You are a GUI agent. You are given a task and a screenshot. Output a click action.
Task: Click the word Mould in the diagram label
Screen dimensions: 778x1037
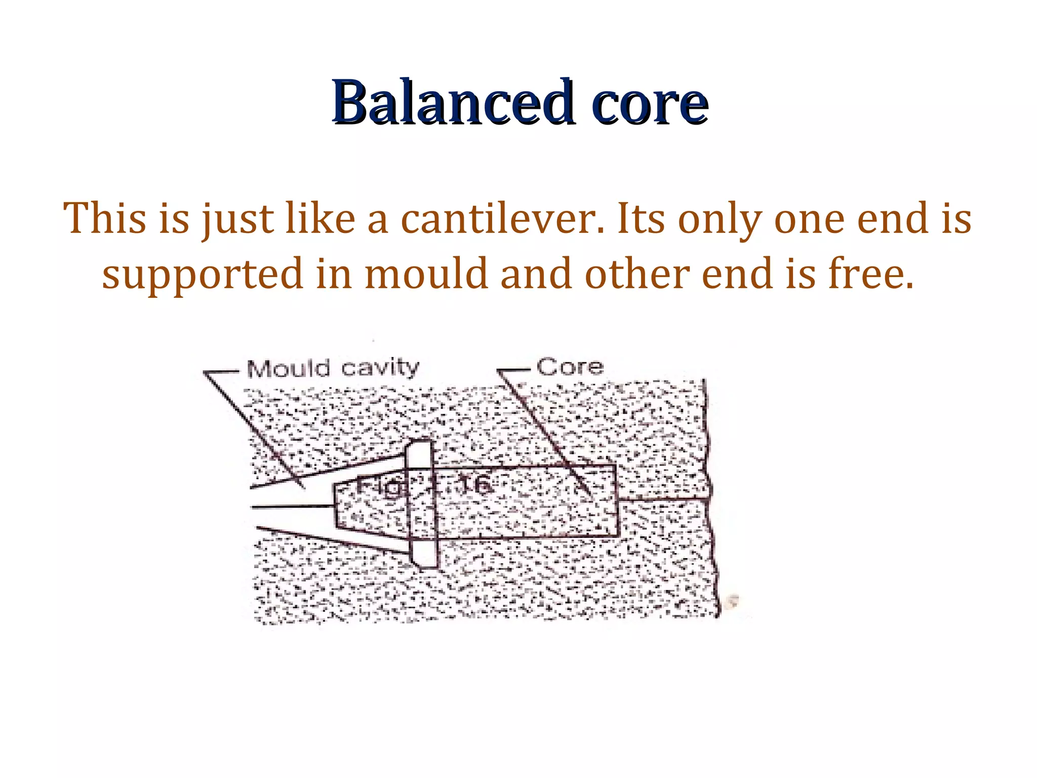pos(288,369)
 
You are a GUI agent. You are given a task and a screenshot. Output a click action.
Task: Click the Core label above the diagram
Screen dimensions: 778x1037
pos(570,367)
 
